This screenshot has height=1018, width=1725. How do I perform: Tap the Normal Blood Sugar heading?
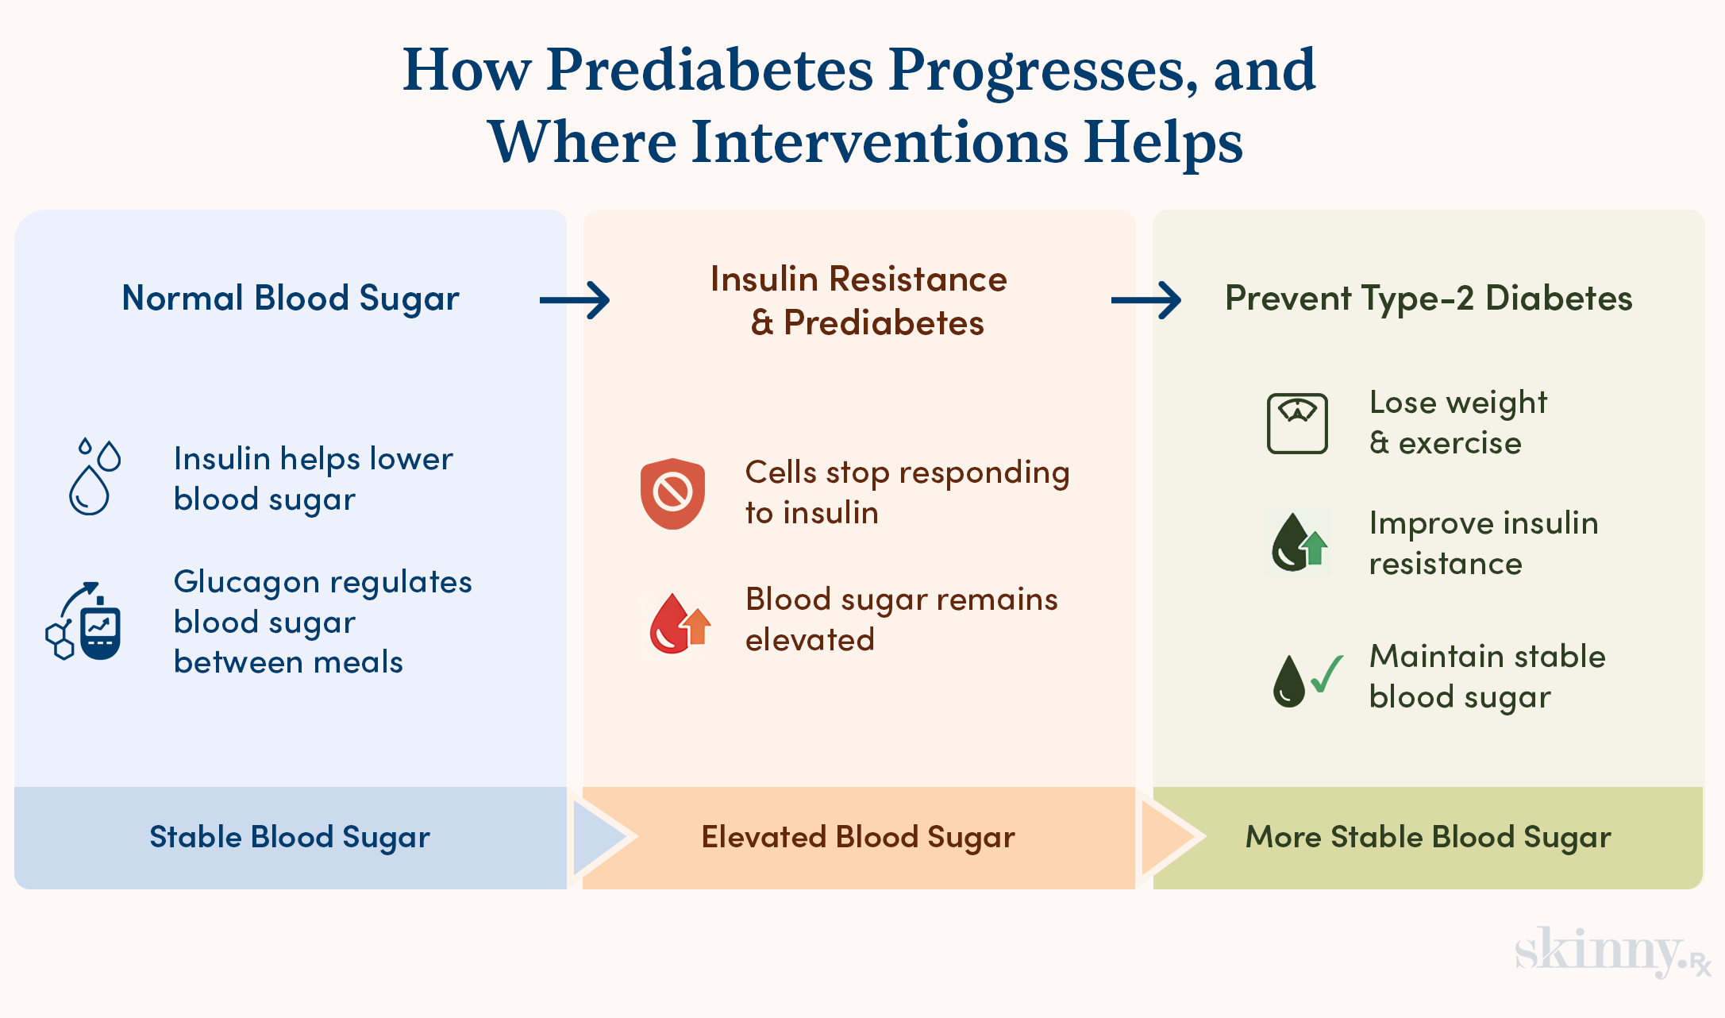pos(291,299)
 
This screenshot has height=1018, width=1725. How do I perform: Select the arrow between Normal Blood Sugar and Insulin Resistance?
pos(575,300)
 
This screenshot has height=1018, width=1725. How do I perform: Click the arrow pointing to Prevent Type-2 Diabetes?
pos(1146,300)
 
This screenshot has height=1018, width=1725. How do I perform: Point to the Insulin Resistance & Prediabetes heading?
pos(859,301)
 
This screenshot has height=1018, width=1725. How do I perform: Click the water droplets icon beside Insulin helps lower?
pos(94,476)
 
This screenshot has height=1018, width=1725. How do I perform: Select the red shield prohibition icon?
pos(672,493)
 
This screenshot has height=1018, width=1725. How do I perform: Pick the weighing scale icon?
pos(1297,423)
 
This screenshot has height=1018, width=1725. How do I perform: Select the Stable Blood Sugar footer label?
pos(290,838)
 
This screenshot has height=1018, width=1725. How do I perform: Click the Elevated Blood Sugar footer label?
pos(858,838)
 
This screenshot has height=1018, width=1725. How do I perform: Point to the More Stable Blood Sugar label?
pos(1428,838)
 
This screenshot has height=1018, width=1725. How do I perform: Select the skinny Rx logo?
pos(1611,951)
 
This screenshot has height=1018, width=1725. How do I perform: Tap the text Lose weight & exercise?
pos(1458,423)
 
